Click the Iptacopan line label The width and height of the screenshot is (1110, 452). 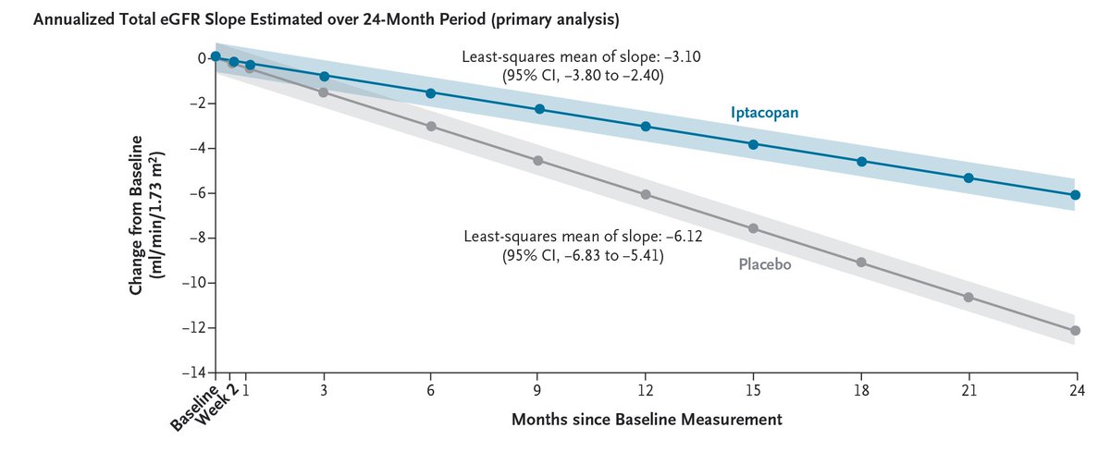click(764, 112)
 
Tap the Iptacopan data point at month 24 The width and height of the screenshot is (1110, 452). click(1075, 195)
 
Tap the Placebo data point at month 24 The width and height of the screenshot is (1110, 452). click(1075, 330)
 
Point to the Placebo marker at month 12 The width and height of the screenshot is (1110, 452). click(646, 194)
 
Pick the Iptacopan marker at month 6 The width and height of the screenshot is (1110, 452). click(431, 93)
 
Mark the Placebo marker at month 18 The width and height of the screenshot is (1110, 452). click(861, 263)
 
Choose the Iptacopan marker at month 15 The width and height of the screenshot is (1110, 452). click(753, 144)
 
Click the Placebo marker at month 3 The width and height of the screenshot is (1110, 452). click(324, 92)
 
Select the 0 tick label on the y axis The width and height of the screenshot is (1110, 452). click(198, 58)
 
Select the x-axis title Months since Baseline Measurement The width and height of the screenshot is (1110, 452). click(647, 420)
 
